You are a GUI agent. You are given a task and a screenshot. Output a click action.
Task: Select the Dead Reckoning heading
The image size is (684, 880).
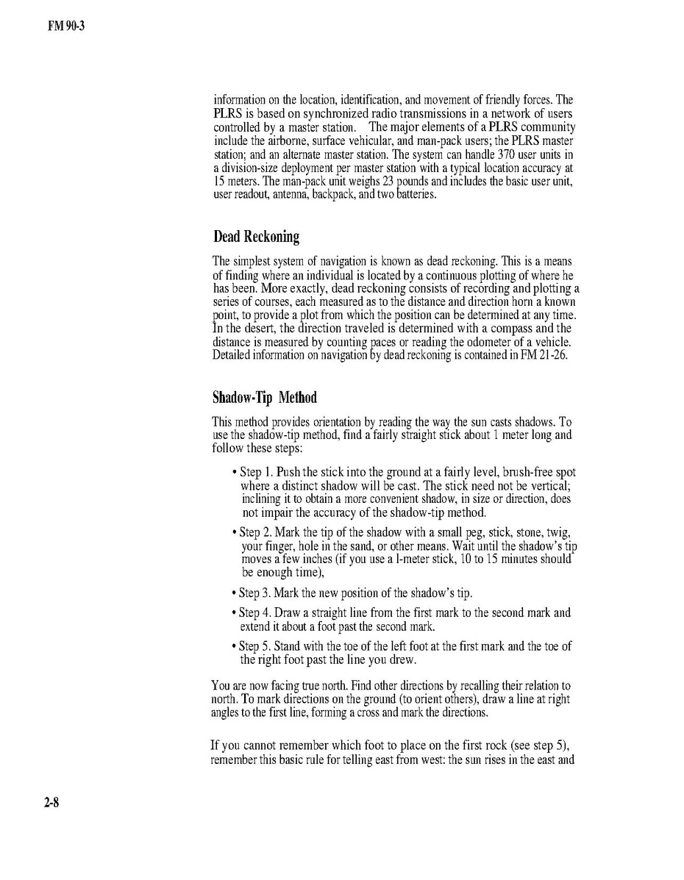256,237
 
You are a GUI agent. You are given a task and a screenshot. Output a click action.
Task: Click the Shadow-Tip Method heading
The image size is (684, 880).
264,398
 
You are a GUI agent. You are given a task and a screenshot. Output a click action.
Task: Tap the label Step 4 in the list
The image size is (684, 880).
257,612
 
